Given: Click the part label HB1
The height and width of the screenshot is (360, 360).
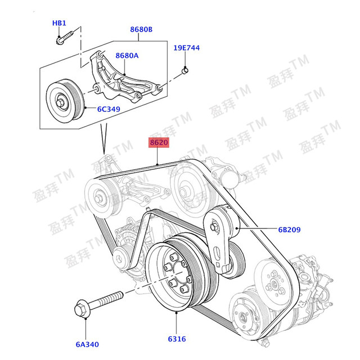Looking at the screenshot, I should (x=59, y=23).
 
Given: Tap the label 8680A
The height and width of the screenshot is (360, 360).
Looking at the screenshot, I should (x=127, y=56).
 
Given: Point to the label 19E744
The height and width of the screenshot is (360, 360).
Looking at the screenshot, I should (x=186, y=48).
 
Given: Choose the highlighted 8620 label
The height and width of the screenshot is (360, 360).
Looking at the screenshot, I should (x=159, y=143).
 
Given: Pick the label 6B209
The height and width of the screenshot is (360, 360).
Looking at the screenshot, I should (x=289, y=229).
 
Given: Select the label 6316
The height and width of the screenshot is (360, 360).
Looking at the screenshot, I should (x=176, y=339).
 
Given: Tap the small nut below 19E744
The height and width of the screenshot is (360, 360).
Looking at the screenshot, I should (x=186, y=71).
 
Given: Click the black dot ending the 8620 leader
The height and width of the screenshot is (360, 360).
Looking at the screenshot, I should (x=159, y=164).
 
